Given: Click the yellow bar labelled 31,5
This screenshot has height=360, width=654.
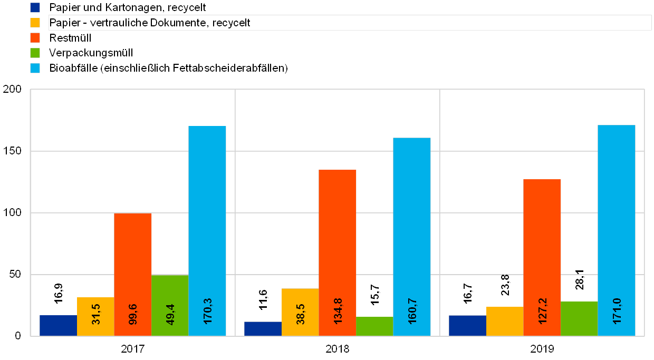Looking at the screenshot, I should (95, 316).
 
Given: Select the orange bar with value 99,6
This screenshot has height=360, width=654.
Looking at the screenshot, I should (133, 274).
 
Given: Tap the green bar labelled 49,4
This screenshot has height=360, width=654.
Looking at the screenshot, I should (170, 305).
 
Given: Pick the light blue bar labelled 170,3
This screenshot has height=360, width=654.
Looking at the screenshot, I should (207, 230).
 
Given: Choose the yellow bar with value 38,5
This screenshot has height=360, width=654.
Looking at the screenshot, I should (300, 312).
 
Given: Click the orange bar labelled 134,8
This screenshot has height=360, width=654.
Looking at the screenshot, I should (338, 252).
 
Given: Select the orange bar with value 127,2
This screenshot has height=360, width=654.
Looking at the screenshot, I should (542, 257).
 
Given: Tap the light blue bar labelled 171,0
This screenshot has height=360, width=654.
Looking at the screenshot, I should (617, 230).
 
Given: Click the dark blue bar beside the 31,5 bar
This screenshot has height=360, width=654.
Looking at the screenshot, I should (58, 325).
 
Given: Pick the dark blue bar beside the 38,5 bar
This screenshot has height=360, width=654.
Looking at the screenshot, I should (263, 328).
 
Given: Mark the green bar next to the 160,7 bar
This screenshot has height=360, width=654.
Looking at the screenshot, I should (374, 326).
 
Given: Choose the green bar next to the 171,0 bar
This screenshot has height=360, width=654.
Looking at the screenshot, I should (579, 318).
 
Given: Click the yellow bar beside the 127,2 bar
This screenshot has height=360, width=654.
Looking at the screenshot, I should (505, 321).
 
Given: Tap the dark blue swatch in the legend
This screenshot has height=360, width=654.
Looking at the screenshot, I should (35, 7).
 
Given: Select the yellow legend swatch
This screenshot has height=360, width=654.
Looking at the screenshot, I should (35, 23).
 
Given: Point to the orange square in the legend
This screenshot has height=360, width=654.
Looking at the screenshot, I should (35, 38).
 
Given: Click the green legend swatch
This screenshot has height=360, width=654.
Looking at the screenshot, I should (35, 53).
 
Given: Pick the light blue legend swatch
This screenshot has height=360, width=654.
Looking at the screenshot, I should (35, 68).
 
